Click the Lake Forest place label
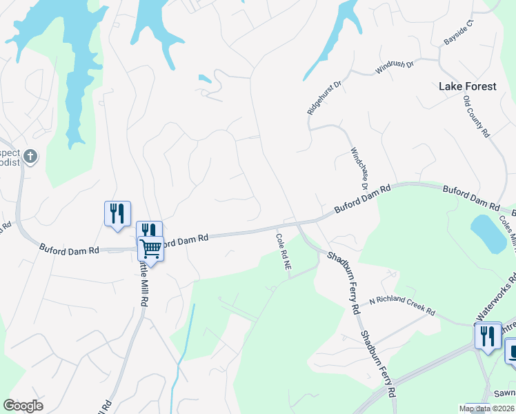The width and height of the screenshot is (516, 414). click(467, 86)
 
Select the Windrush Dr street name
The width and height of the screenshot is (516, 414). click(394, 67)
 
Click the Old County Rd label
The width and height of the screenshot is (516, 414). click(476, 116)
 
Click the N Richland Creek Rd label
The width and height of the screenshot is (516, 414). click(401, 306)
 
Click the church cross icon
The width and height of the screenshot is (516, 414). click(30, 156)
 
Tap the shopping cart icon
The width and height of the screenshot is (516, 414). click(150, 248)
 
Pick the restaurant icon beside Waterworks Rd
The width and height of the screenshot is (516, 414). click(488, 336)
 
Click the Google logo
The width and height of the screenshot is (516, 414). click(23, 405)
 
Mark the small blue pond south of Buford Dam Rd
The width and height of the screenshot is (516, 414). click(488, 233)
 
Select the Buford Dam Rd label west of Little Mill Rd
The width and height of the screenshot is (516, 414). click(69, 248)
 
